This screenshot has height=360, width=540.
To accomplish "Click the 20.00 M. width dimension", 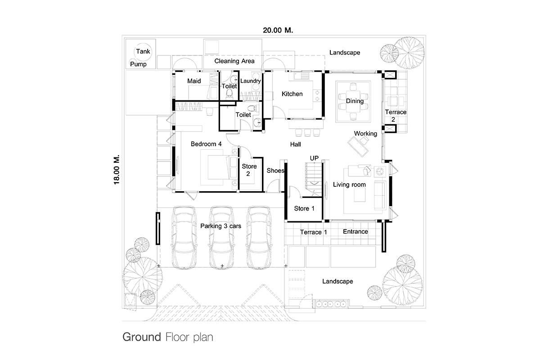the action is point(278,30).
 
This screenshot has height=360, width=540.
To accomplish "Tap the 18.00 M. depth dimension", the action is point(117,170).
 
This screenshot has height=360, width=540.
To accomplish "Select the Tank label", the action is point(143,51).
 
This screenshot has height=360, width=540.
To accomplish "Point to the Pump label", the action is point(139,64).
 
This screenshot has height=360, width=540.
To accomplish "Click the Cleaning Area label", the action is point(234,61).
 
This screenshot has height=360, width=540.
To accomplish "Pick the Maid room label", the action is point(194,81).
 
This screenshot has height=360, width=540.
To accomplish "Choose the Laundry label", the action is point(251,81).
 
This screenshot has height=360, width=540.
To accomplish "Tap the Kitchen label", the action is point(292,94).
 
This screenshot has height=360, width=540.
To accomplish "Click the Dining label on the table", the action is point(355,101).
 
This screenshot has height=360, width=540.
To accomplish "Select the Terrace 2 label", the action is point(396,116).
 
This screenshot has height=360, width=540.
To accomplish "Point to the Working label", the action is point(365,134).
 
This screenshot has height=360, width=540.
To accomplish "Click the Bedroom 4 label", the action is point(206,144).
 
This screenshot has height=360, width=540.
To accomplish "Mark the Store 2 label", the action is point(249,170).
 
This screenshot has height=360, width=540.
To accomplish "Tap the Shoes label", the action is point(275,171).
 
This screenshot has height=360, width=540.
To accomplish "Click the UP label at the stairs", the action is point(314,158).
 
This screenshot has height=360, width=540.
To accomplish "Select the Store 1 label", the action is point(304,208).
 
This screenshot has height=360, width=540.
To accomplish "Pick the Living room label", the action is point(349,184).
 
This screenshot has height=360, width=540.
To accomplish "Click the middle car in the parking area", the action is point(222,238).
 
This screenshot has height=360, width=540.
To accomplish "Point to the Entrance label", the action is point(355,231).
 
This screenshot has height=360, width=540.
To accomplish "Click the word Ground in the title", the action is point(142,337).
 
